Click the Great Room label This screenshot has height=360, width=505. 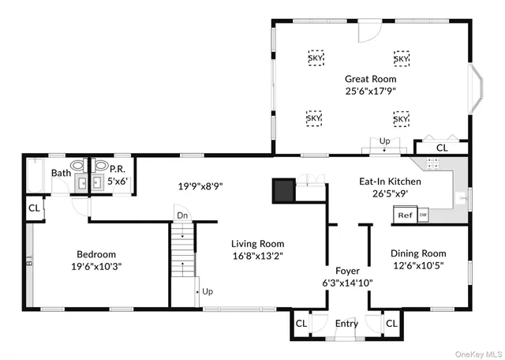(370, 79)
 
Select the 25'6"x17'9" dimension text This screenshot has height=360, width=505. (370, 91)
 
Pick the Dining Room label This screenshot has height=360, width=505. (418, 253)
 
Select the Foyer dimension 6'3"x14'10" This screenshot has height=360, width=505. (347, 283)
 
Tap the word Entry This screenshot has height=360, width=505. (346, 324)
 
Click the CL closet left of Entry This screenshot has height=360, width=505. (301, 324)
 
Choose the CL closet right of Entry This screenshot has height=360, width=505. (392, 324)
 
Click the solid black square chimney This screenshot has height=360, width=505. (282, 190)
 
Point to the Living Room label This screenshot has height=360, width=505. (257, 244)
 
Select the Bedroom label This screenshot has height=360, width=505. (96, 254)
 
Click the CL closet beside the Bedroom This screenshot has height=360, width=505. (34, 208)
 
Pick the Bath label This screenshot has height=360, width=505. (61, 173)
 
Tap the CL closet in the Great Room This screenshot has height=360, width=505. (442, 148)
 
